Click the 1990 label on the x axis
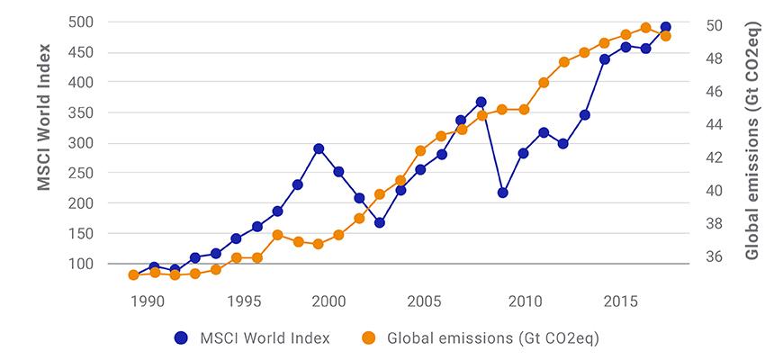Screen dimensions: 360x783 coord(148,300)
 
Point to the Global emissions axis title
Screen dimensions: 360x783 coord(752,142)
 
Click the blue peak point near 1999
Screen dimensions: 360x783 coord(318,148)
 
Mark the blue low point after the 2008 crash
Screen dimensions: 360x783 coord(502,193)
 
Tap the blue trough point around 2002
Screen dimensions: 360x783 coord(380,222)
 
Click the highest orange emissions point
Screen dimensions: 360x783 coord(645,28)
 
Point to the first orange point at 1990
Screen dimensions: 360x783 coord(133,274)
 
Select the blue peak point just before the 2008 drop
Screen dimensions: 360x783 coord(481,102)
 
